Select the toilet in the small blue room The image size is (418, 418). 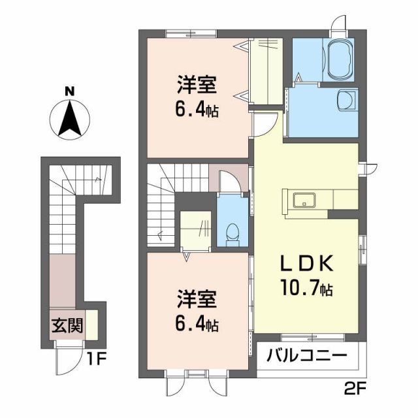click(233, 233)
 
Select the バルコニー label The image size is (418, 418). click(306, 357)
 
